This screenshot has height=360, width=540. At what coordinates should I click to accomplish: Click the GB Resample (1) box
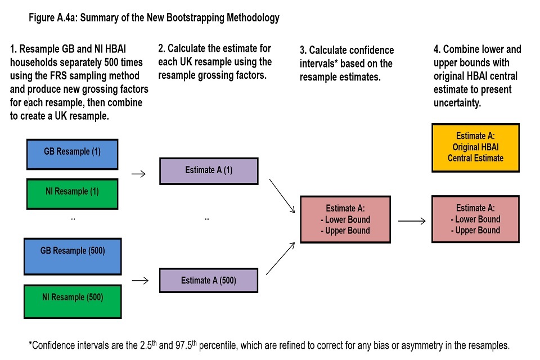pyautogui.click(x=72, y=154)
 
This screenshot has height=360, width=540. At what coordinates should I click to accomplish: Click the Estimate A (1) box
pyautogui.click(x=209, y=171)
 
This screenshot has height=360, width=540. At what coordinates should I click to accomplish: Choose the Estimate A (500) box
pyautogui.click(x=209, y=280)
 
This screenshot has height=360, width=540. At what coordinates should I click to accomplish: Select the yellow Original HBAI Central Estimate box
pyautogui.click(x=475, y=147)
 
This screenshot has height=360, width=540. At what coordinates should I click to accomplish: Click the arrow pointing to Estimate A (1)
pyautogui.click(x=138, y=174)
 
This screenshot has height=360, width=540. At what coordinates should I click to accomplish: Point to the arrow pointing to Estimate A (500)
pyautogui.click(x=138, y=280)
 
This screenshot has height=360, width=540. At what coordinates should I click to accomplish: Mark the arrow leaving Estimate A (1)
pyautogui.click(x=282, y=196)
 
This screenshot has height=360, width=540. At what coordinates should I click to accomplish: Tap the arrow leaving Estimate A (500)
pyautogui.click(x=281, y=258)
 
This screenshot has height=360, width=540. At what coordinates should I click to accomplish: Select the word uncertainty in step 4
pyautogui.click(x=457, y=103)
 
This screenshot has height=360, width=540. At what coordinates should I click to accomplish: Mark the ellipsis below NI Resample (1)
pyautogui.click(x=72, y=218)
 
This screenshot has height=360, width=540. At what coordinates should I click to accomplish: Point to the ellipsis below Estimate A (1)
pyautogui.click(x=207, y=218)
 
